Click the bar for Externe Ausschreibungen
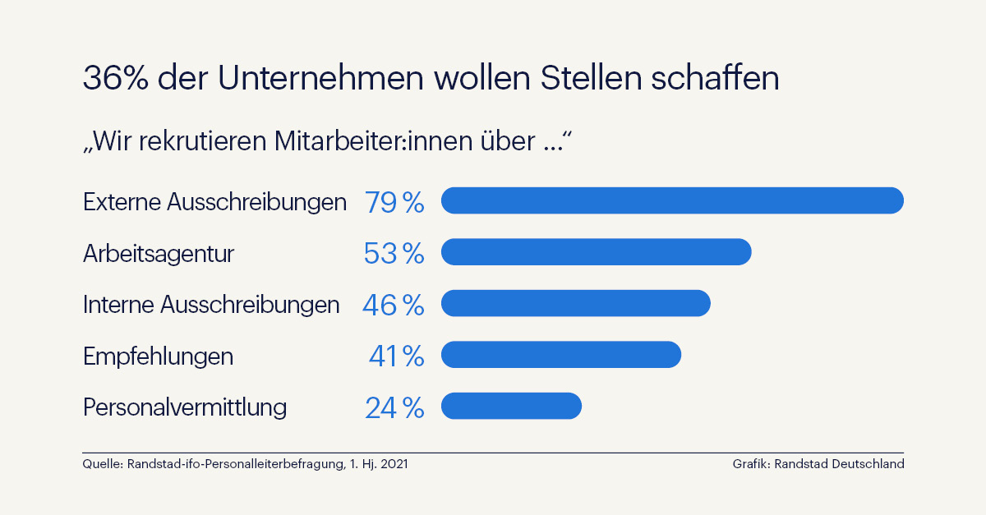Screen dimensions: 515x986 [672, 200]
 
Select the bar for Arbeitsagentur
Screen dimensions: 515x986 [596, 252]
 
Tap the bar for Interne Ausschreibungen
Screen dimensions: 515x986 [575, 303]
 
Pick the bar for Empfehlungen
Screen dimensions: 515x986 [561, 355]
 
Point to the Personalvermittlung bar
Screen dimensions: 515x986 [511, 406]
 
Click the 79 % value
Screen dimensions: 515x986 [394, 202]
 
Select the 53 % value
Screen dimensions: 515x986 [394, 254]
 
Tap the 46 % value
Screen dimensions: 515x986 [393, 306]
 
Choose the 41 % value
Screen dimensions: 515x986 [396, 356]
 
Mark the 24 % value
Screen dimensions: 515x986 [394, 408]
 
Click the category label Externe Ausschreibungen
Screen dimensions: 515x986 [214, 202]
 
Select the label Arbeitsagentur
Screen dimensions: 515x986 [159, 254]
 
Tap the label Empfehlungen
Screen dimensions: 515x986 [158, 356]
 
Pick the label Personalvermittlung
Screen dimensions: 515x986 [185, 407]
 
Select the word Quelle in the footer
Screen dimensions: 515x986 [102, 464]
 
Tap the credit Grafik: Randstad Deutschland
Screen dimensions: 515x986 [818, 464]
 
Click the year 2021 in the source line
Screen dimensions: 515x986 [393, 464]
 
